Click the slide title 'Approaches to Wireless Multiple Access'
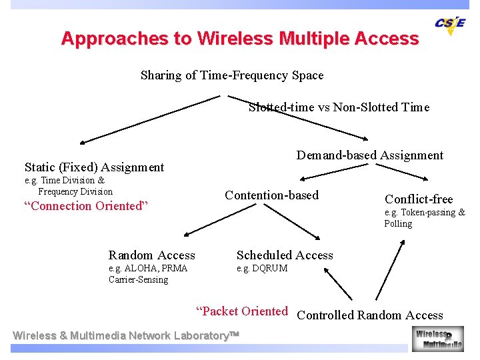240,39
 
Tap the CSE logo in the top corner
450,25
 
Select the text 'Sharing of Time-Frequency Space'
232,75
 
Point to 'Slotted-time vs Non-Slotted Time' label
339,107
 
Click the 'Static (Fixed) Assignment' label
94,167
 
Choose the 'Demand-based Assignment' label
370,155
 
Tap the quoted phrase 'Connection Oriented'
85,206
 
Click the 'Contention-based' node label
272,195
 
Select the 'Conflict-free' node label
419,199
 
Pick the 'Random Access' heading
152,255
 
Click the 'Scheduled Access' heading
285,255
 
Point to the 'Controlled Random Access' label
370,315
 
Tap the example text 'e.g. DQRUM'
262,269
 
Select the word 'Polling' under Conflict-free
398,224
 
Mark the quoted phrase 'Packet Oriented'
241,311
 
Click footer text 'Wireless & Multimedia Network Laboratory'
126,336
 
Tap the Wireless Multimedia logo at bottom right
437,339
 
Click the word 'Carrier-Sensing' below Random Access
138,279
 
